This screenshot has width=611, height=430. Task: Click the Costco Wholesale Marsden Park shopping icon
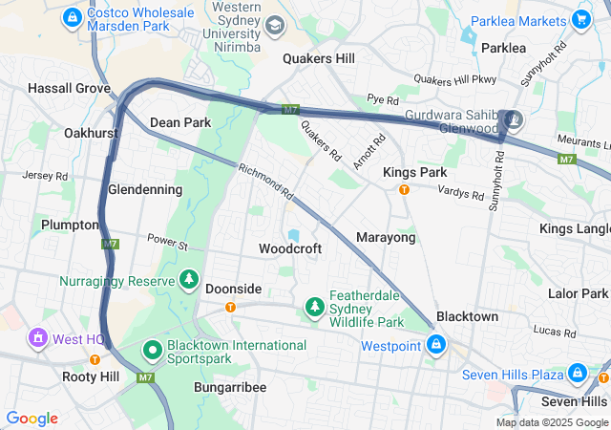point(72,17)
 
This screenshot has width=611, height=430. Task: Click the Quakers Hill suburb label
point(319,58)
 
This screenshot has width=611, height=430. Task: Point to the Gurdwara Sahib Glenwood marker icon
point(515,119)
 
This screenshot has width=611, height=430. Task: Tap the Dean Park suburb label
point(180,122)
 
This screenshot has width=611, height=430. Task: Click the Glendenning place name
point(145,189)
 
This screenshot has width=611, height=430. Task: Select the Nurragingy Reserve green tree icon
point(190,280)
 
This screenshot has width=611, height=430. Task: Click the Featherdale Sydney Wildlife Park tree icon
point(314,307)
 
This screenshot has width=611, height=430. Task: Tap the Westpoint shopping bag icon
point(435,344)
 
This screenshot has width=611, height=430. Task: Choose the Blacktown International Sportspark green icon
point(152,351)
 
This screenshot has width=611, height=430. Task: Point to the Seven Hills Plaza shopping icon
point(578,373)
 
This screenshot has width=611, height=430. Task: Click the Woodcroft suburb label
point(290,248)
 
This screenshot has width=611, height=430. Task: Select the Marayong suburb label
point(386,237)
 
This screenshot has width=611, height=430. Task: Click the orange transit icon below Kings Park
point(404,189)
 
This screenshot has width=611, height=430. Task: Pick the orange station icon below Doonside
point(230,307)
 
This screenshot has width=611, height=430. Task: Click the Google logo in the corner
point(32,419)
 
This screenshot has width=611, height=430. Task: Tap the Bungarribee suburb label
point(229,387)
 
